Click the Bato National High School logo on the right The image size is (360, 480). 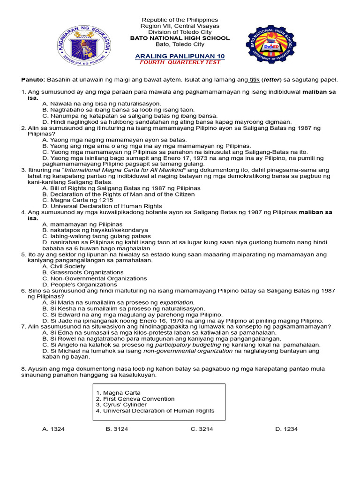click(x=271, y=45)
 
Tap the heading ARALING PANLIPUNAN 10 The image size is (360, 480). click(x=180, y=56)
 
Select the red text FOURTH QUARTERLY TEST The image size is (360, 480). click(x=180, y=62)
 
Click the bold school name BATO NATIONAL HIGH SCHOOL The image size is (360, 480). click(x=180, y=38)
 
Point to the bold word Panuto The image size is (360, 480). click(x=33, y=80)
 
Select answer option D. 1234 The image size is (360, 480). click(x=286, y=429)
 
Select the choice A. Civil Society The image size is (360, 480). click(x=64, y=266)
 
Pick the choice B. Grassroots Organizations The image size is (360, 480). click(x=83, y=272)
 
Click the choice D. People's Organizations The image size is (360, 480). click(x=79, y=285)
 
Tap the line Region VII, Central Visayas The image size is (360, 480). click(x=180, y=26)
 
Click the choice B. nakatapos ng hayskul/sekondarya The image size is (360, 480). click(x=95, y=230)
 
